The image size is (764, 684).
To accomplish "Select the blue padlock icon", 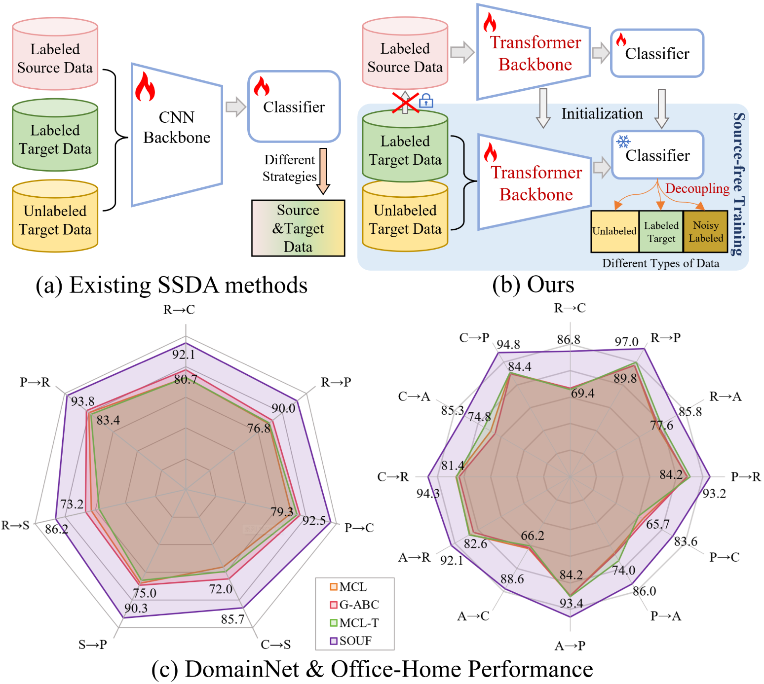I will point(426,101).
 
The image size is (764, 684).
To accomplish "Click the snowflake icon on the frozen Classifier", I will point(623,142).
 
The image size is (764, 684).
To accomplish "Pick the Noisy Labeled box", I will point(705,231).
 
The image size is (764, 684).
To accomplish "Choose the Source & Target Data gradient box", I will point(298,228).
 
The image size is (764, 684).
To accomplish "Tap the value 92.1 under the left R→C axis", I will point(184,355).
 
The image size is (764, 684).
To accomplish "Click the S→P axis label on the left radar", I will point(93,645).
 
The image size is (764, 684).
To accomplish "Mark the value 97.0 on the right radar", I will point(626,342).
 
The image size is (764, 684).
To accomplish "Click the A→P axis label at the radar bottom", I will point(570,646).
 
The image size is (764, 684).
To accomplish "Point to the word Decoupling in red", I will point(697,188).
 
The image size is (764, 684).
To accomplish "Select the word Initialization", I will point(602,114).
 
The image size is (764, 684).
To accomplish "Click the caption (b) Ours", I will point(533,285).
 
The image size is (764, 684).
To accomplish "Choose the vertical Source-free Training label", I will point(738,184).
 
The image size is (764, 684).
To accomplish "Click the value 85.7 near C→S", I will point(233,619).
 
